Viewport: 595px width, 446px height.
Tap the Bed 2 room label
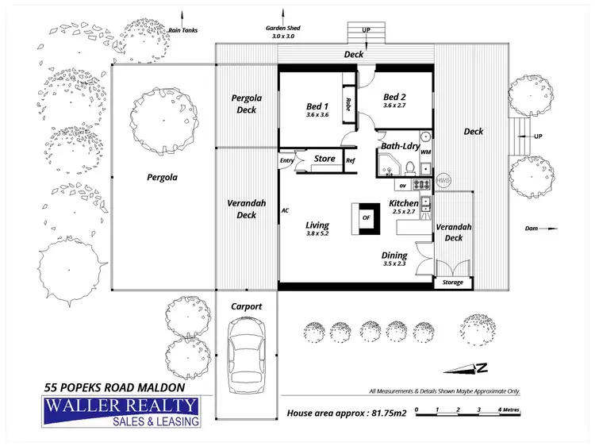(x=394, y=99)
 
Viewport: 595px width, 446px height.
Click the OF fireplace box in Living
(x=366, y=217)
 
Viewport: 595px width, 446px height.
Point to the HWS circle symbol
(x=443, y=179)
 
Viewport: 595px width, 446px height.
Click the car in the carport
(x=246, y=358)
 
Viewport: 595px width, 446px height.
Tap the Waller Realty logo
(x=122, y=412)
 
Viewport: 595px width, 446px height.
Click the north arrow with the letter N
(x=470, y=367)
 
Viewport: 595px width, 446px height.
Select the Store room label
(x=324, y=159)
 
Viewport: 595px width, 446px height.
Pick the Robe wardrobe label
(x=347, y=104)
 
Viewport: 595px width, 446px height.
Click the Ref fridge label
(x=350, y=160)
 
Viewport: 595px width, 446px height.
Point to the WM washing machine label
(x=425, y=152)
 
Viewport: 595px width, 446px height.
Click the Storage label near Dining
(x=452, y=282)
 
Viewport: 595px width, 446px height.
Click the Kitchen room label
(x=404, y=204)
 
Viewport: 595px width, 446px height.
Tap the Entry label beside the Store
(x=286, y=161)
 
